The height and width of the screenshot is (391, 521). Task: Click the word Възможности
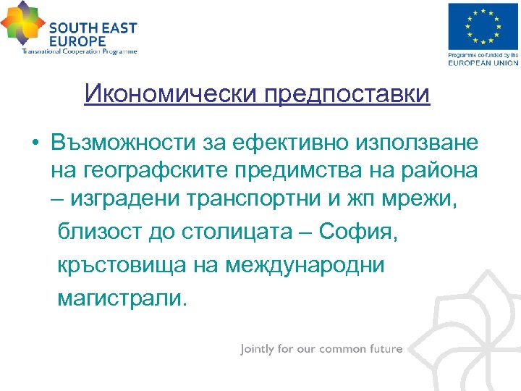click(x=121, y=143)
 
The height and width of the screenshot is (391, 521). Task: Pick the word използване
click(x=413, y=143)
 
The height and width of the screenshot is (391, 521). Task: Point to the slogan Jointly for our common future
click(x=321, y=349)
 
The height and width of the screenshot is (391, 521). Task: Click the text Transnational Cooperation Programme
click(x=79, y=51)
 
